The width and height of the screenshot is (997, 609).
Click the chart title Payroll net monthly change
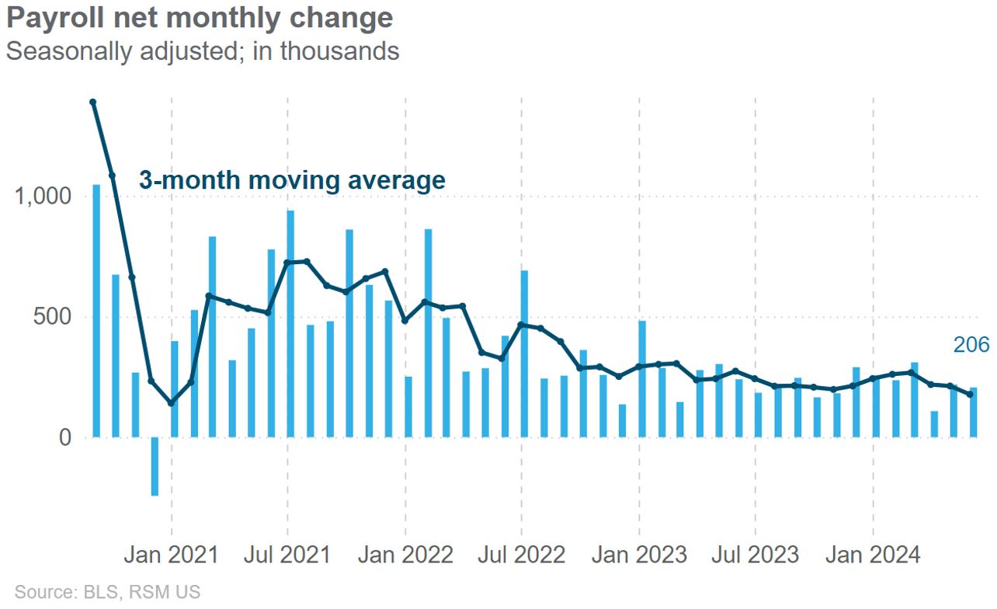(199, 18)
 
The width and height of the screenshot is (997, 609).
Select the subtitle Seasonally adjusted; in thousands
(202, 51)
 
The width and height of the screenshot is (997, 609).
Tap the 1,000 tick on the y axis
(43, 197)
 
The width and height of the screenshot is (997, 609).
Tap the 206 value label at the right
(971, 346)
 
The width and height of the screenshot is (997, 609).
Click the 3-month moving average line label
(292, 180)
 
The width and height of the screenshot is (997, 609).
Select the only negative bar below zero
(155, 466)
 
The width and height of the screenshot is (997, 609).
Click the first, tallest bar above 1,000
(96, 311)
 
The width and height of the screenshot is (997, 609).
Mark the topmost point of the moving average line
(93, 102)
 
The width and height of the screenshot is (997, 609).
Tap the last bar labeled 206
(973, 412)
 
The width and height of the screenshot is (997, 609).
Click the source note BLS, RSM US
(107, 592)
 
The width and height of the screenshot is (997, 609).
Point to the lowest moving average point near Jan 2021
(172, 402)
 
